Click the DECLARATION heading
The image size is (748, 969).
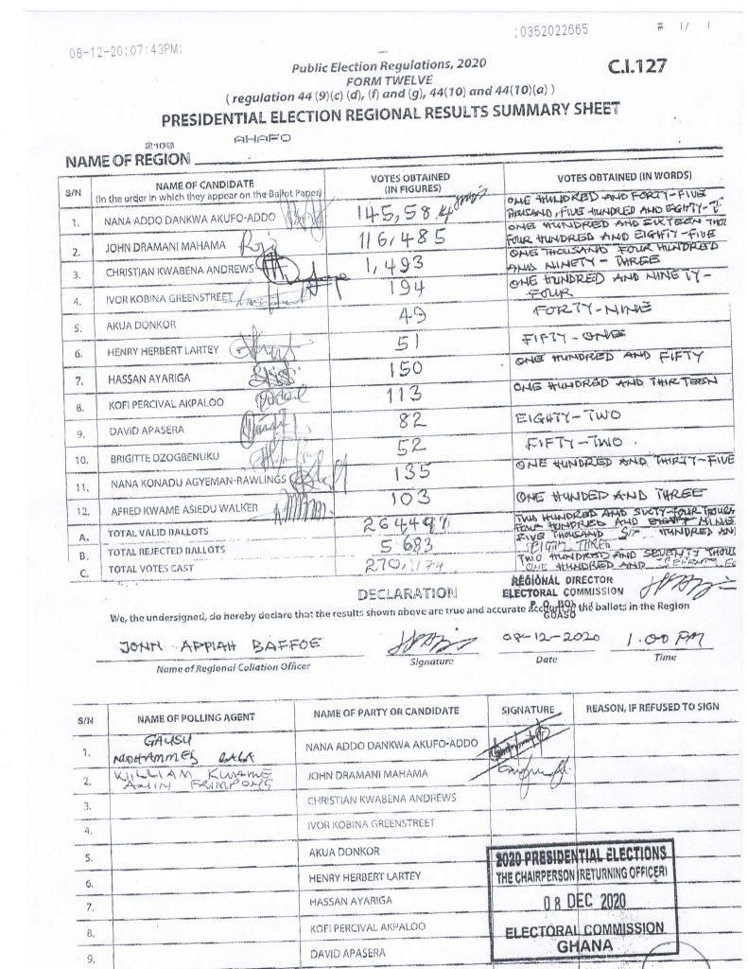tap(408, 593)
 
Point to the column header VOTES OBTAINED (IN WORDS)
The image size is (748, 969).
tap(625, 177)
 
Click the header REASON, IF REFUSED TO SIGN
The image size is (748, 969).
tap(652, 708)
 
